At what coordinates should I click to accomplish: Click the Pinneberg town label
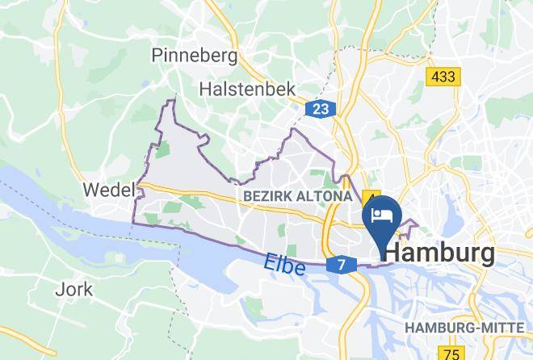click(x=195, y=55)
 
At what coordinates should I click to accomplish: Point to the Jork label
click(x=74, y=289)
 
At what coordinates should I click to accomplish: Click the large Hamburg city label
click(x=439, y=253)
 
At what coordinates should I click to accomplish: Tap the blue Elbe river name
click(x=284, y=263)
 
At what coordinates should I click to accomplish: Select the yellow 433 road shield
click(x=443, y=77)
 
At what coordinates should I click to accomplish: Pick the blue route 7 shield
click(x=342, y=265)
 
